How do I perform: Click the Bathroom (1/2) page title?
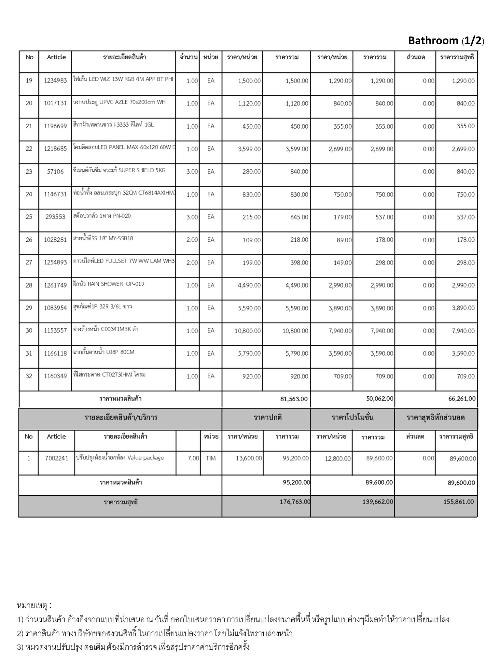click(x=446, y=41)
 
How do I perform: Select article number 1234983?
click(x=55, y=81)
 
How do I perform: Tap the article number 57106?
click(x=55, y=172)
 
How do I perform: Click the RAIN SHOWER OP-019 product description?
click(x=109, y=284)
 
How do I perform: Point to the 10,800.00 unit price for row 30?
click(x=247, y=331)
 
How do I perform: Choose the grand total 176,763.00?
click(x=295, y=502)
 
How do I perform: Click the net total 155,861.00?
click(x=458, y=502)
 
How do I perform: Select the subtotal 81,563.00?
click(x=294, y=399)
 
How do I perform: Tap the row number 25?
click(x=29, y=217)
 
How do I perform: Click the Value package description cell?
click(x=119, y=458)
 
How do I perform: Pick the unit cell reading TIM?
click(x=211, y=459)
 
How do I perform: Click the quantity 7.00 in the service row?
click(x=193, y=459)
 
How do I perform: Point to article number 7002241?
click(x=57, y=459)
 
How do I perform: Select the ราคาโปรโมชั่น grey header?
click(x=352, y=418)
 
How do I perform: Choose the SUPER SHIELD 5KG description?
click(x=119, y=170)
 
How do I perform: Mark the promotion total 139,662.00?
click(x=378, y=502)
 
